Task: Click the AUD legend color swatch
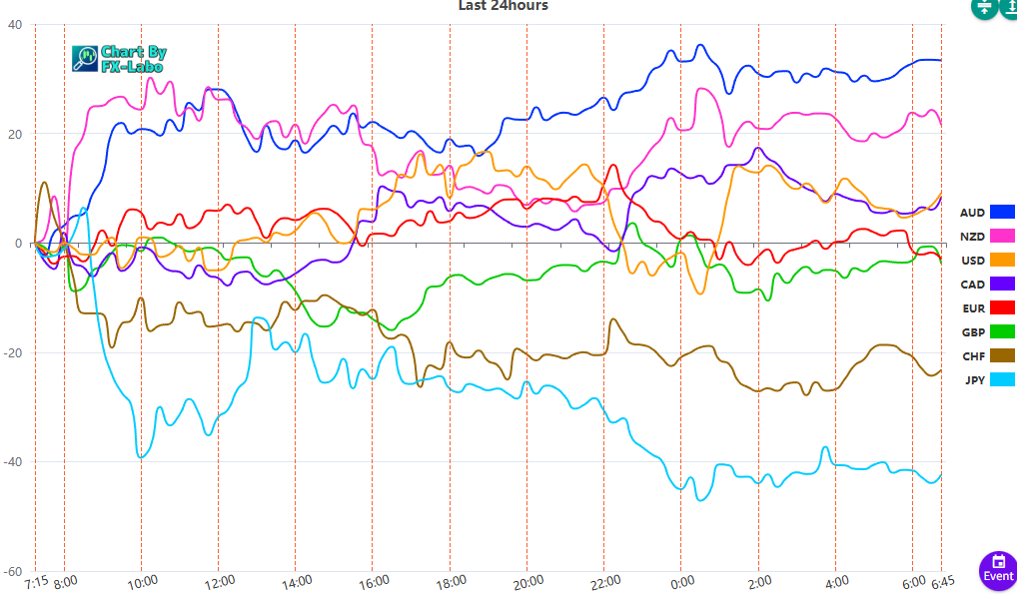pos(1002,212)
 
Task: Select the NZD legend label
pos(972,236)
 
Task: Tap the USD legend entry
pos(972,260)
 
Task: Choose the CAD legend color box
pos(1002,284)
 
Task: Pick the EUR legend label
pos(972,307)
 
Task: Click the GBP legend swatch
pos(1002,331)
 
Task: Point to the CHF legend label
pos(973,355)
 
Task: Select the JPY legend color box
pos(1002,379)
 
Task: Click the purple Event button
pos(998,569)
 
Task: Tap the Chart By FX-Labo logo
pos(120,59)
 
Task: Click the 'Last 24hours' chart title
pos(503,6)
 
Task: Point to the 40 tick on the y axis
pos(15,25)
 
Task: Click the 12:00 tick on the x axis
pos(219,581)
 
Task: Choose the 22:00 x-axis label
pos(604,581)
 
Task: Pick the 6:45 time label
pos(943,581)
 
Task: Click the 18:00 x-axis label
pos(450,581)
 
